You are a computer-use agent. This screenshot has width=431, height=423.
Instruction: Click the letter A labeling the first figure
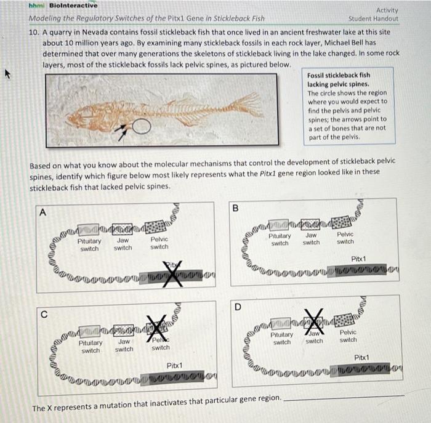coord(42,212)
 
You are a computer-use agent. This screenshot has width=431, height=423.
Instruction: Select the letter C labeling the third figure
coord(42,313)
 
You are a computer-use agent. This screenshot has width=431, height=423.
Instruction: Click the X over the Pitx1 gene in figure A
coord(174,273)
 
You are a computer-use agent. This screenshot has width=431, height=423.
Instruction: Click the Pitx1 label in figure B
coord(360,259)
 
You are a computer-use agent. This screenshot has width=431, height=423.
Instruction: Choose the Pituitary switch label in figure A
coord(89,244)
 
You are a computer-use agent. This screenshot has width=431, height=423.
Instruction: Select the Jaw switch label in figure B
coord(311,239)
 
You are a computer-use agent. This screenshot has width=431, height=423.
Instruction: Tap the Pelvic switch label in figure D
coord(348,336)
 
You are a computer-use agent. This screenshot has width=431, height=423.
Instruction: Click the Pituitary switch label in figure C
coord(91,346)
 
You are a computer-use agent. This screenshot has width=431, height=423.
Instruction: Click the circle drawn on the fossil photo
coord(141,126)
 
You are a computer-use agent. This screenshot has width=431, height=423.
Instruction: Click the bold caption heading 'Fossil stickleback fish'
coord(339,75)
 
